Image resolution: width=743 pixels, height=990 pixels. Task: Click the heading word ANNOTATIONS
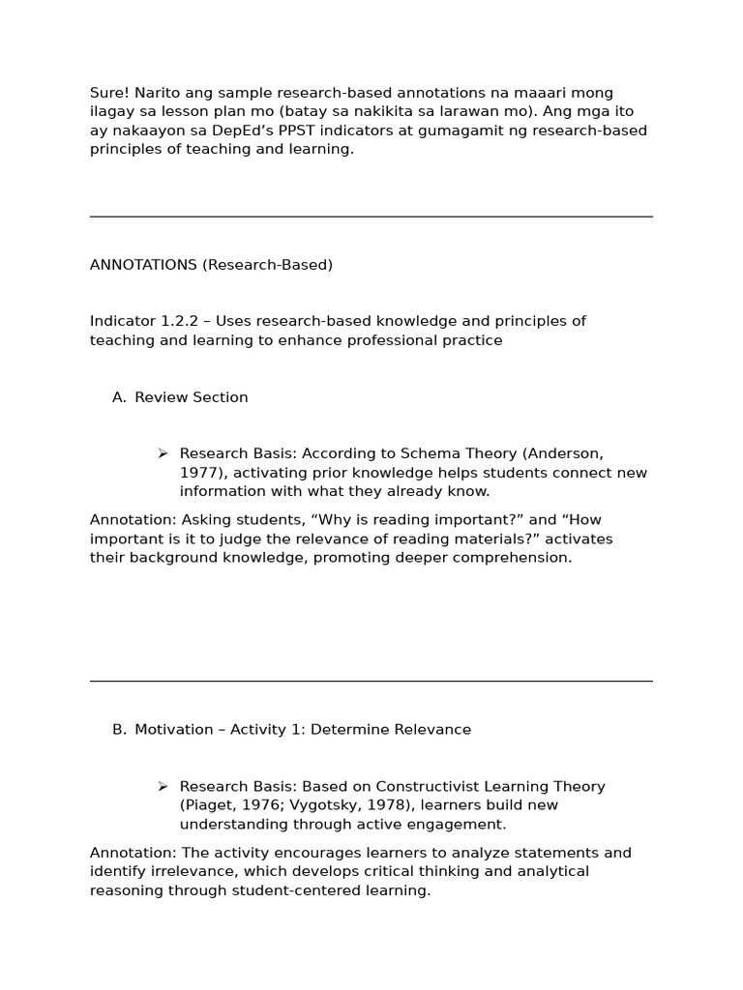(143, 265)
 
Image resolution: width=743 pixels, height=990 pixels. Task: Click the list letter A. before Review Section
(119, 397)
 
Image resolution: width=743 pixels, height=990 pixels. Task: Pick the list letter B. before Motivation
(119, 730)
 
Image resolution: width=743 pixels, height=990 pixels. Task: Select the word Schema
(405, 453)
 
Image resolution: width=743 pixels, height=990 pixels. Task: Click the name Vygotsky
(326, 805)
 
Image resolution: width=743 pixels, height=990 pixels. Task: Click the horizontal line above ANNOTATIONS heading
(371, 217)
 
